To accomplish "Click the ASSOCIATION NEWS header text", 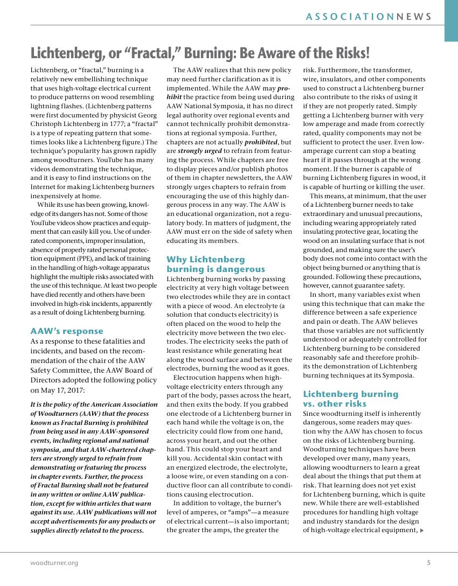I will coord(369,17).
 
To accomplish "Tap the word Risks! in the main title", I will coord(348,53).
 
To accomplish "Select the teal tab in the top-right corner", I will coord(451,20).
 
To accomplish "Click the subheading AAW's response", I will coord(67,331).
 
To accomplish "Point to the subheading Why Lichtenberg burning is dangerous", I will coord(216,264).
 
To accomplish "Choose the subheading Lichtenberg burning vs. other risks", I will coord(350,399).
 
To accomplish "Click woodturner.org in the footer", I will coord(54,563).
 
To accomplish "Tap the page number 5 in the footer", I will coord(428,563).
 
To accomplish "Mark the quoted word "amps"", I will coord(242,521).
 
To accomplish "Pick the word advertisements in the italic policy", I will coord(70,521).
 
